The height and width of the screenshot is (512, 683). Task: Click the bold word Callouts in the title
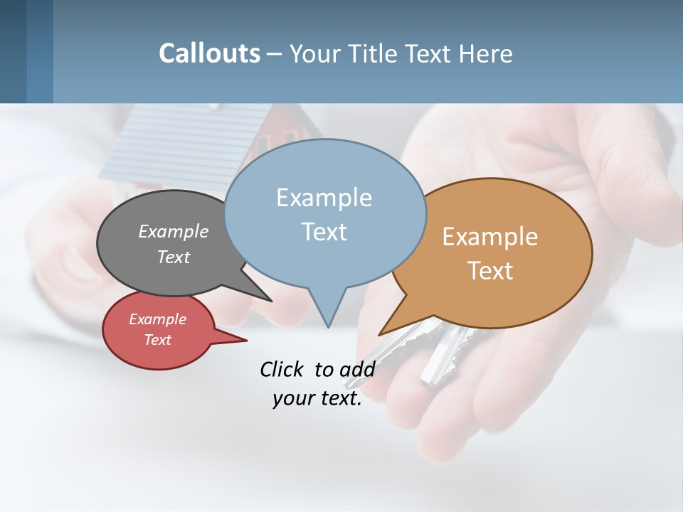209,53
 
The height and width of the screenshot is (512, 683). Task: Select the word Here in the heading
485,54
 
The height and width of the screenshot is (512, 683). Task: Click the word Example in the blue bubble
324,198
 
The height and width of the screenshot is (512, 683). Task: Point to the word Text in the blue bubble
324,232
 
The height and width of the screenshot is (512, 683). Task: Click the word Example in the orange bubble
490,237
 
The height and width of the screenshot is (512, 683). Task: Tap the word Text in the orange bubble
490,271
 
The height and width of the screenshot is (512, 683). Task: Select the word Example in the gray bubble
174,232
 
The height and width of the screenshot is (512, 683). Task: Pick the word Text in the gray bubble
174,257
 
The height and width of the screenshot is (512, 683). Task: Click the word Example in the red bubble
157,319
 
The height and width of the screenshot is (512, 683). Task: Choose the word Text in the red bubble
157,340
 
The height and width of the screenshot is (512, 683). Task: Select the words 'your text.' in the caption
317,398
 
